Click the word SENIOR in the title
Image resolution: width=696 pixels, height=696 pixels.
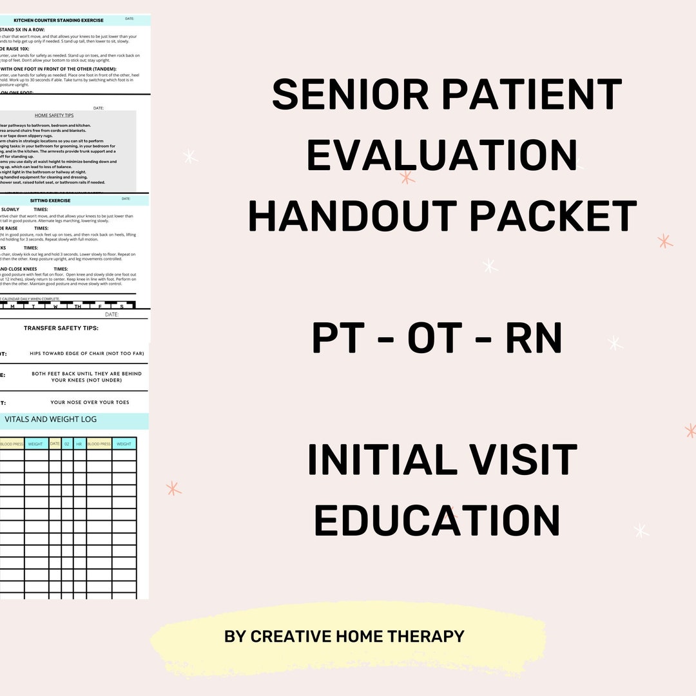(x=351, y=95)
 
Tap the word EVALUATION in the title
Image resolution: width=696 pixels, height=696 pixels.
(x=442, y=155)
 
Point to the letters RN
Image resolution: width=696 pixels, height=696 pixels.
(x=534, y=338)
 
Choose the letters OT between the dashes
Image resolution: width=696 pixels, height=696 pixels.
(x=435, y=338)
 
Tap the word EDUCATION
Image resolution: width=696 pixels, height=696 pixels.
(x=437, y=520)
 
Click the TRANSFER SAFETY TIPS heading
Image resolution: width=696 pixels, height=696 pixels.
(x=61, y=328)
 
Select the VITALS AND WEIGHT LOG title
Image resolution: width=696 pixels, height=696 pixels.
(x=51, y=420)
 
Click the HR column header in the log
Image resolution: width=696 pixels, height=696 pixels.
(x=80, y=444)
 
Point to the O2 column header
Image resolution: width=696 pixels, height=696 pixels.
(x=67, y=444)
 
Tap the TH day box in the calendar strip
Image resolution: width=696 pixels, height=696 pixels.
(x=78, y=307)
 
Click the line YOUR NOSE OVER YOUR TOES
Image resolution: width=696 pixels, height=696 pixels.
(x=90, y=402)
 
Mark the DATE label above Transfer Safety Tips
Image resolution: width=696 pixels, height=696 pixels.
(x=112, y=314)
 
